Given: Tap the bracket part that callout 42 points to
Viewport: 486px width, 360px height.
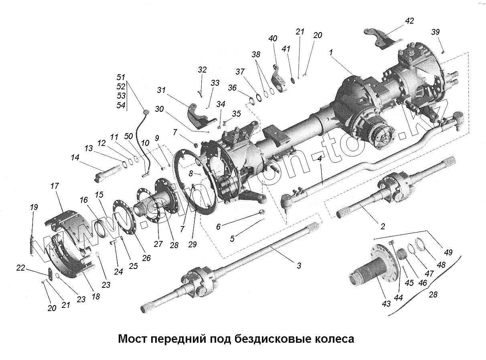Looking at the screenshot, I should (381, 38).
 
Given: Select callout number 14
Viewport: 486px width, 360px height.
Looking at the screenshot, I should (75, 158).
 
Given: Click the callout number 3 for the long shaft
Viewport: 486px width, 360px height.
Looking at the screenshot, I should (299, 265).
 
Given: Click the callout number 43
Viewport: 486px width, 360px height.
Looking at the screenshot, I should (386, 304).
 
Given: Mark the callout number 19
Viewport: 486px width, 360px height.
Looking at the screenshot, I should (34, 207).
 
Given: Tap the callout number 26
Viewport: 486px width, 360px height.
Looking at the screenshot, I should (146, 258).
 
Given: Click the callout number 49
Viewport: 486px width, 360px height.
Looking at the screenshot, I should (448, 252).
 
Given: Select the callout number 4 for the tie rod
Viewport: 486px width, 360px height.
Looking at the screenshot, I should (320, 159).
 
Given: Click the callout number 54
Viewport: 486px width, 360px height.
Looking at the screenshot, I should (121, 105).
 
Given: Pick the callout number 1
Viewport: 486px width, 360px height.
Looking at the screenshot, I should (331, 53).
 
